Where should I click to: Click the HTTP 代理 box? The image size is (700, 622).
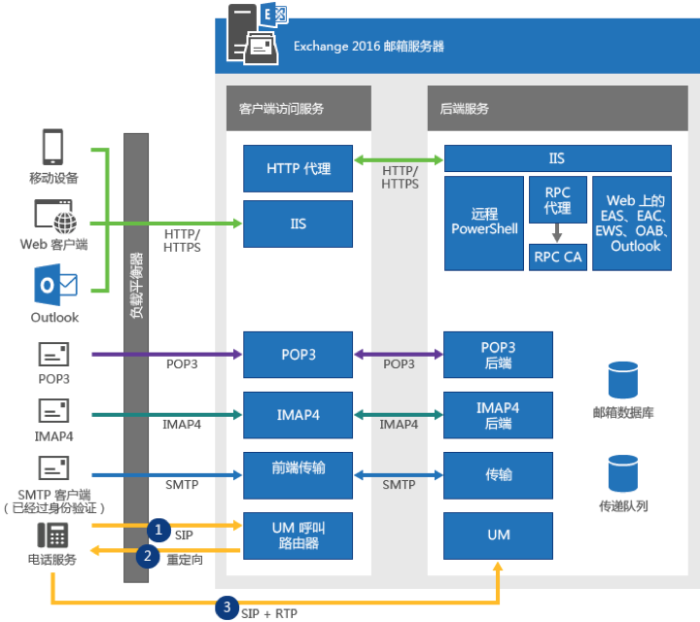coord(297,169)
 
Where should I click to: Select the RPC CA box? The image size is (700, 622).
coord(557,257)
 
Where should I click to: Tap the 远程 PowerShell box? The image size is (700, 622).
coord(483,223)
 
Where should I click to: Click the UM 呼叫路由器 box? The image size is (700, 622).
coord(297,535)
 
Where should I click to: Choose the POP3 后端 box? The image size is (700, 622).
coord(498,355)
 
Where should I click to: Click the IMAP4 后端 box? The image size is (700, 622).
coord(498,415)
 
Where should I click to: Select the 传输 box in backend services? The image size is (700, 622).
coord(498,475)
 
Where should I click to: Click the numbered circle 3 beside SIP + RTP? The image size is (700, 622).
coord(227,607)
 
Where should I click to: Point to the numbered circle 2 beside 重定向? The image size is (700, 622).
coord(147,556)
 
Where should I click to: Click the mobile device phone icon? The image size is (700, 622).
coord(53,148)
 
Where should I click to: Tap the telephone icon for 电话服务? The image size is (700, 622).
coord(52,535)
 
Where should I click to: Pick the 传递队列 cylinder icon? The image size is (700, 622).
coord(622,473)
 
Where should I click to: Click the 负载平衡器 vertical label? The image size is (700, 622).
coord(136,287)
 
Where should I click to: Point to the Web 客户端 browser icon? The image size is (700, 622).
coord(54,214)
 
